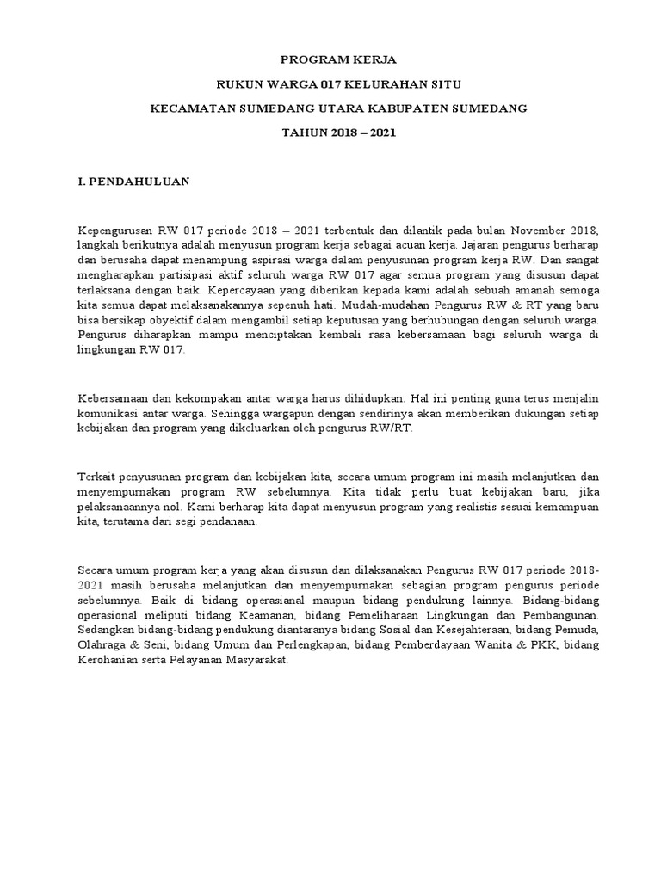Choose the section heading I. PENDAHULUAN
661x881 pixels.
pos(133,182)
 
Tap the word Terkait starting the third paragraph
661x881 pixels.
pos(96,477)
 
